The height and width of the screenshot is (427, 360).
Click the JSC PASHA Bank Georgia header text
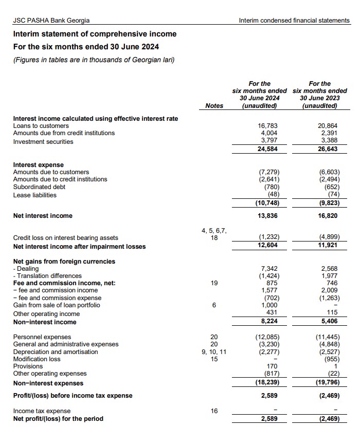51,21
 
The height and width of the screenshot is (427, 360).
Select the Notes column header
214,106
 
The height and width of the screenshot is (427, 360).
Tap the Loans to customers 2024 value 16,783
268,126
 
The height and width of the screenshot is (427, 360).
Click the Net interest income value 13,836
268,216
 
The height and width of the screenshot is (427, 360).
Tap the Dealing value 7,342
270,269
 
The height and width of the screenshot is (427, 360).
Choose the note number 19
214,283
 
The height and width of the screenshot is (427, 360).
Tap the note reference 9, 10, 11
214,351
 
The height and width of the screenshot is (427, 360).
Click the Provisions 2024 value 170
273,366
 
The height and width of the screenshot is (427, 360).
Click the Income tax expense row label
42,411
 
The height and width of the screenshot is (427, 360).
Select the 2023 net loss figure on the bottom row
329,419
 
